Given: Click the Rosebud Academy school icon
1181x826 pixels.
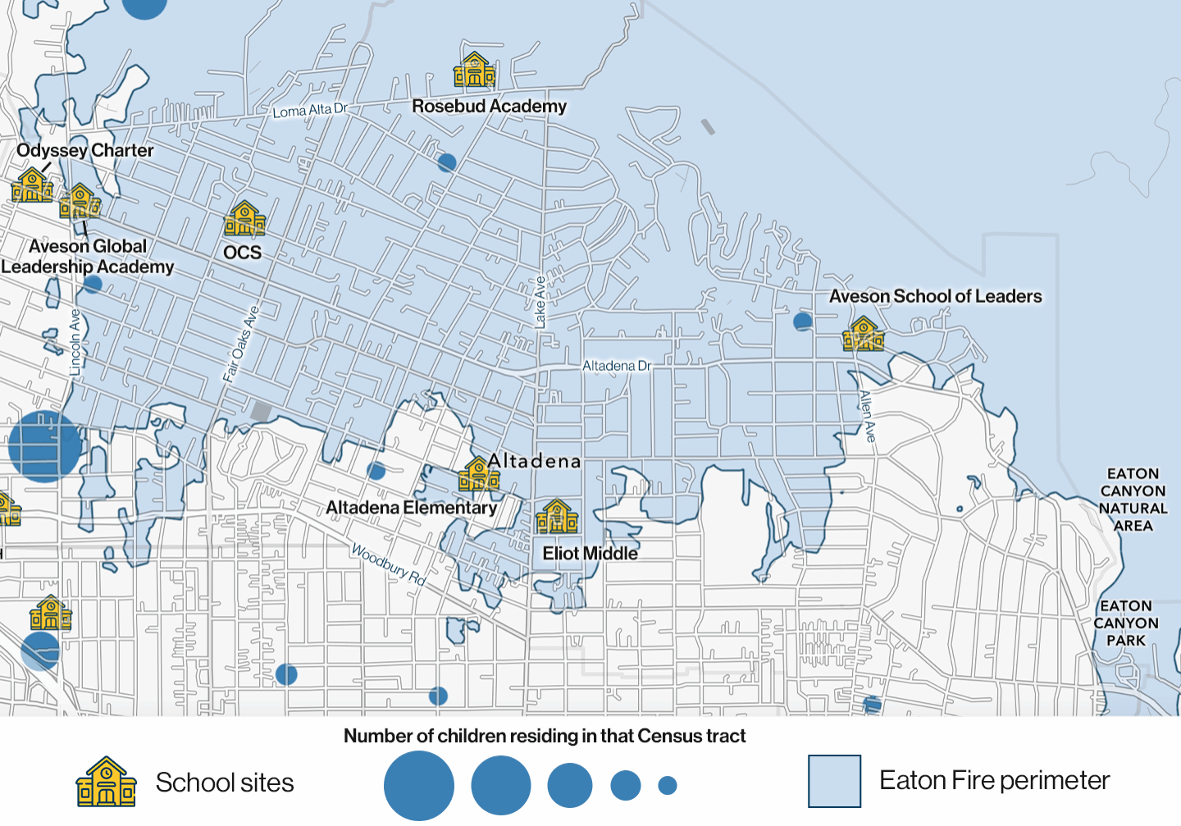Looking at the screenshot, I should pyautogui.click(x=474, y=71).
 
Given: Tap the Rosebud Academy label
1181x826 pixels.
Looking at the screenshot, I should pyautogui.click(x=489, y=107).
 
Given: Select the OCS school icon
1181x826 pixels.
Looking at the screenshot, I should pyautogui.click(x=244, y=219).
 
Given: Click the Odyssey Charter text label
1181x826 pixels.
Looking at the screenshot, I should pyautogui.click(x=85, y=151).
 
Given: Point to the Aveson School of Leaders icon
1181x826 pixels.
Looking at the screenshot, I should pyautogui.click(x=863, y=335).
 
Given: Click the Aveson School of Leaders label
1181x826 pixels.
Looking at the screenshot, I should pyautogui.click(x=935, y=297).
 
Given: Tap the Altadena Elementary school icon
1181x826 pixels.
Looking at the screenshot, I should pyautogui.click(x=479, y=474).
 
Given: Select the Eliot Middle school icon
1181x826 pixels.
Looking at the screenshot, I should pyautogui.click(x=557, y=517).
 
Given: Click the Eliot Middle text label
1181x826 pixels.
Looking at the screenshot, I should pyautogui.click(x=590, y=554).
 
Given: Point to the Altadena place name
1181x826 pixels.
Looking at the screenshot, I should pyautogui.click(x=534, y=462).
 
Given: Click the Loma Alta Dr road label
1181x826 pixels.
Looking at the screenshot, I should pyautogui.click(x=310, y=111).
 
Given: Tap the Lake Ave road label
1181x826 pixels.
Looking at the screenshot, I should pyautogui.click(x=540, y=303).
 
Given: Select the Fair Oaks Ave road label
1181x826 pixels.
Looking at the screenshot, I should pyautogui.click(x=241, y=344).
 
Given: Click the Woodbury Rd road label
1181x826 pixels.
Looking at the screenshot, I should pyautogui.click(x=389, y=564).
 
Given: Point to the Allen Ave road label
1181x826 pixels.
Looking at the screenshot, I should pyautogui.click(x=867, y=417).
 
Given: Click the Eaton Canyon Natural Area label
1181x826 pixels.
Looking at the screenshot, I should pyautogui.click(x=1133, y=500).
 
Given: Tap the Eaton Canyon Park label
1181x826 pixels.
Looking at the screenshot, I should pyautogui.click(x=1126, y=623).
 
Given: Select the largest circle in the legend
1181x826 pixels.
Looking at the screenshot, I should pyautogui.click(x=419, y=785).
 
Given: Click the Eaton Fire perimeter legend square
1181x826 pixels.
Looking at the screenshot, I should pyautogui.click(x=834, y=781).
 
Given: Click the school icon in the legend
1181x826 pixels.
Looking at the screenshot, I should pyautogui.click(x=106, y=782).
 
